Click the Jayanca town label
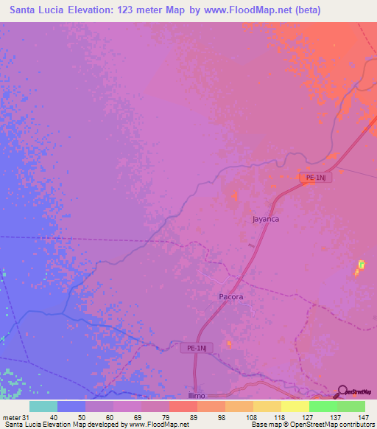pyautogui.click(x=266, y=219)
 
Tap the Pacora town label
pyautogui.click(x=230, y=296)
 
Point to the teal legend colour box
pyautogui.click(x=43, y=406)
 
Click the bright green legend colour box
pyautogui.click(x=323, y=406)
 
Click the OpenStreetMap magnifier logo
pyautogui.click(x=341, y=391)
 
